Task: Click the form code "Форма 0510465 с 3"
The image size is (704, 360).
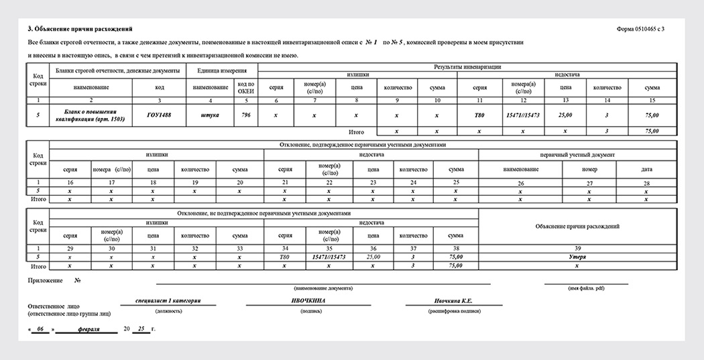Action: [x=642, y=29]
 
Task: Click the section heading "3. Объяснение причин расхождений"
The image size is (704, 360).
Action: [x=80, y=29]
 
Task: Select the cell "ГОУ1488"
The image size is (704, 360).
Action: [x=159, y=115]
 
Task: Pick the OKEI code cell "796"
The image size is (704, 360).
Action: [x=247, y=115]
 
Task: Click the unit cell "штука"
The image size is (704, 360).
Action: [x=210, y=115]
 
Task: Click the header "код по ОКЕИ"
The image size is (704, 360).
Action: [x=247, y=87]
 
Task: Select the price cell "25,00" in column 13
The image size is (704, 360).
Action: [x=566, y=115]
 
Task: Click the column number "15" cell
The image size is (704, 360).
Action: [x=652, y=100]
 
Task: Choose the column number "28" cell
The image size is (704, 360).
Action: [x=646, y=182]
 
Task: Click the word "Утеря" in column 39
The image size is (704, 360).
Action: [x=577, y=257]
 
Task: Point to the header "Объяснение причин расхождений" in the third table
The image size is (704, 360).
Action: [x=577, y=227]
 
